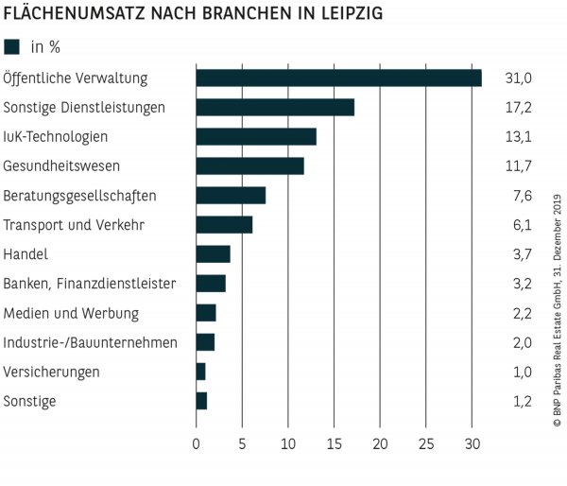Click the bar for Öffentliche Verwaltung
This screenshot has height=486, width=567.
pyautogui.click(x=338, y=78)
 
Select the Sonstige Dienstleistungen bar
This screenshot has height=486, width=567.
pyautogui.click(x=275, y=107)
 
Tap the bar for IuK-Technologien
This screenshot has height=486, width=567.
pyautogui.click(x=256, y=136)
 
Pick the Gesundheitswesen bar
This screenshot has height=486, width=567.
pyautogui.click(x=249, y=166)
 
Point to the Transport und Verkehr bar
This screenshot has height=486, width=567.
pyautogui.click(x=224, y=224)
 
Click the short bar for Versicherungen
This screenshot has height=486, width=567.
pyautogui.click(x=200, y=372)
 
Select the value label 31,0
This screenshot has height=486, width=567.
pyautogui.click(x=518, y=78)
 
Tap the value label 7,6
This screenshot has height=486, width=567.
pyautogui.click(x=518, y=196)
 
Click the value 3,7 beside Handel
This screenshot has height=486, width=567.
pyautogui.click(x=518, y=254)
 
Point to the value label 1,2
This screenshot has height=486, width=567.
pyautogui.click(x=518, y=401)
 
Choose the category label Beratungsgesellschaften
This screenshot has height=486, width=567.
pyautogui.click(x=80, y=196)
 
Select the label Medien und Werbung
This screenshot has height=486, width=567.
pyautogui.click(x=71, y=313)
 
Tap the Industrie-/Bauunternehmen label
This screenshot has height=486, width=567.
pyautogui.click(x=90, y=342)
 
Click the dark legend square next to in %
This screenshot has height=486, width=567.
pyautogui.click(x=12, y=46)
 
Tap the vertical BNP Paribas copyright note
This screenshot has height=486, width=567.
pyautogui.click(x=556, y=312)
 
